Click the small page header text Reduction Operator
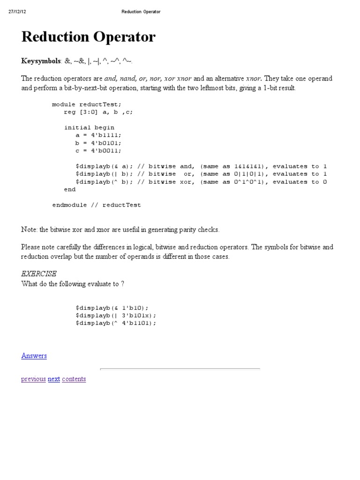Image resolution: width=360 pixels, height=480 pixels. (141, 12)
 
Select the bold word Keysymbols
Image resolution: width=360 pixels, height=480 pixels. (41, 61)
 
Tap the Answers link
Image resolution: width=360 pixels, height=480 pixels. (34, 356)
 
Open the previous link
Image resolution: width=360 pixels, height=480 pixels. (33, 379)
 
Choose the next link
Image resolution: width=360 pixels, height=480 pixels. (54, 379)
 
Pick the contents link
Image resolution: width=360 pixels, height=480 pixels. (74, 379)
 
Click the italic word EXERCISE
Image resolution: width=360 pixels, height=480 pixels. (39, 273)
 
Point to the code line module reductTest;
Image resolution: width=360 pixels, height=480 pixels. (89, 104)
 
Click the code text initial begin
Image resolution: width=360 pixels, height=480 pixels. (89, 127)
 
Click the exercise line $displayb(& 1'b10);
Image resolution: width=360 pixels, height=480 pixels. (112, 307)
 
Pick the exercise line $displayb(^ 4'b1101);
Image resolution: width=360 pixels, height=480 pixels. (116, 323)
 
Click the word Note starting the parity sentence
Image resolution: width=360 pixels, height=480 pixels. (29, 230)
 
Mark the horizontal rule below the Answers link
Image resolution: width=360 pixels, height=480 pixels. (180, 369)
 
